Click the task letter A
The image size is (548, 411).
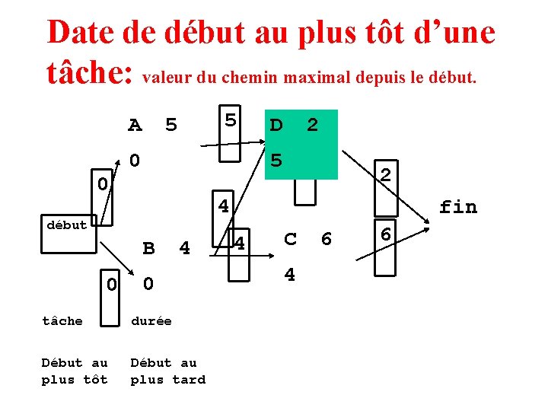pos(135,125)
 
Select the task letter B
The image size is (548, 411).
pos(149,248)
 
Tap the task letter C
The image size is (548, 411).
pos(290,239)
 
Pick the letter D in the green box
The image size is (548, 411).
pos(276,124)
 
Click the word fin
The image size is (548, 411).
pos(458,206)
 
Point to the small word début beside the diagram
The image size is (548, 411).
pos(66,225)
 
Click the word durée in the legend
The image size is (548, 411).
pos(151,320)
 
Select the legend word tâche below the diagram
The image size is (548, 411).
pos(62,320)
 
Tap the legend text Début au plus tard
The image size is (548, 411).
pos(167,371)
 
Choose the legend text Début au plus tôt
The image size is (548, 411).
pos(75,371)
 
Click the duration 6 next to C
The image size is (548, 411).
pos(327,239)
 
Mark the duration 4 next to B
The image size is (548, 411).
pos(184,248)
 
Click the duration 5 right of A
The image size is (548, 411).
pos(171,125)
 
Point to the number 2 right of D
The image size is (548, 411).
pos(312,124)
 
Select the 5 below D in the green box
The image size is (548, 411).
pos(276,161)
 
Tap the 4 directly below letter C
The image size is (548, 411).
pos(290,274)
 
